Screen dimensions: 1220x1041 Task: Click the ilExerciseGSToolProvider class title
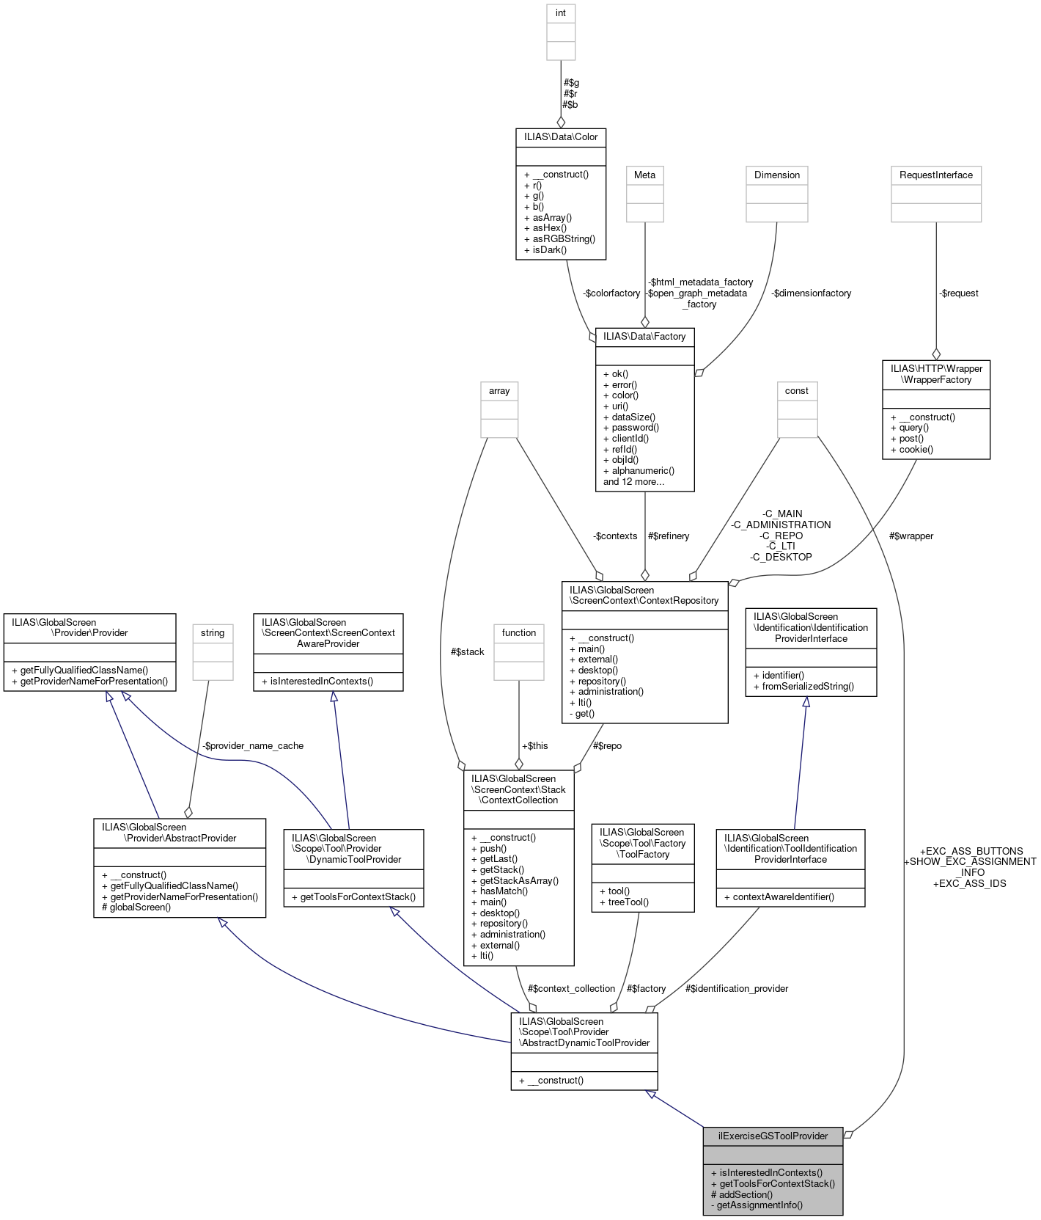(773, 1136)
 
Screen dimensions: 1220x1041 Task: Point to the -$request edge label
(958, 293)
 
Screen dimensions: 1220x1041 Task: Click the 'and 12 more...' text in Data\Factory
(633, 481)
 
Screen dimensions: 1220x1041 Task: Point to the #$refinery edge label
(668, 536)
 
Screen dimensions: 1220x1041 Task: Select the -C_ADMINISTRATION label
(781, 525)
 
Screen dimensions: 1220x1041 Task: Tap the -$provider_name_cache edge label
(252, 745)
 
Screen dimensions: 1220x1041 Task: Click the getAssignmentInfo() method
(757, 1205)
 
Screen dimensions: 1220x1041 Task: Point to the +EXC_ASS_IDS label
(969, 883)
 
